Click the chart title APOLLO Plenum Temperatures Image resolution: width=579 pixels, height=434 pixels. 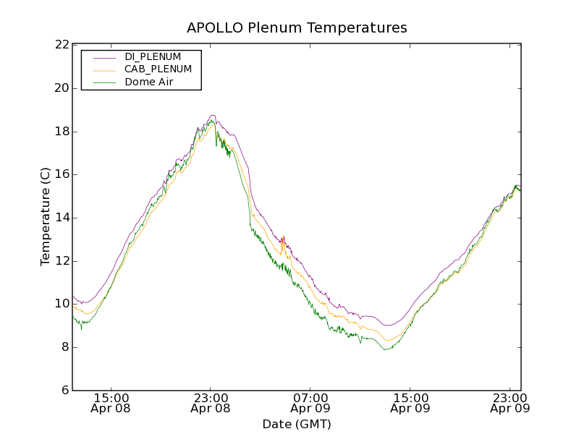tap(297, 28)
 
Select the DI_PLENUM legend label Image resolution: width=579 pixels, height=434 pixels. tap(153, 56)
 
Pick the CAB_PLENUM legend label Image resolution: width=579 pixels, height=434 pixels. tap(158, 69)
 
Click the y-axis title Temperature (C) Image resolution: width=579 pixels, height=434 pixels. tap(46, 216)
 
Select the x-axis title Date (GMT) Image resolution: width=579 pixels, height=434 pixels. tap(297, 424)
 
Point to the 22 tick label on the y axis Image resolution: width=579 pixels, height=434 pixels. tap(61, 45)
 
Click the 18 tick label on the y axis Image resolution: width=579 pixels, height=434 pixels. tap(61, 132)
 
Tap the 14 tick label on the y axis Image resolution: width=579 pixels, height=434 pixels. tap(61, 218)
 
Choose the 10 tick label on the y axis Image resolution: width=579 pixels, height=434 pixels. tap(61, 304)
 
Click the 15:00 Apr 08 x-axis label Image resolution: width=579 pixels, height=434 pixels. tap(111, 403)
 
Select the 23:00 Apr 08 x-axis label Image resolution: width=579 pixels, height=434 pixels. tap(211, 403)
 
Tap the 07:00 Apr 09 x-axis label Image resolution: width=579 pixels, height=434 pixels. tap(310, 403)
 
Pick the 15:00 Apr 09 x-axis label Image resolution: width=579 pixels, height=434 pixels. tap(410, 403)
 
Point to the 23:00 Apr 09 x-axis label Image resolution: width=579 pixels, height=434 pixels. tap(510, 403)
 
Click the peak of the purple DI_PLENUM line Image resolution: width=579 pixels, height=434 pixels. tap(212, 115)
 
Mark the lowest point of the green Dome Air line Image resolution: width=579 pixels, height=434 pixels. tap(387, 349)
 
